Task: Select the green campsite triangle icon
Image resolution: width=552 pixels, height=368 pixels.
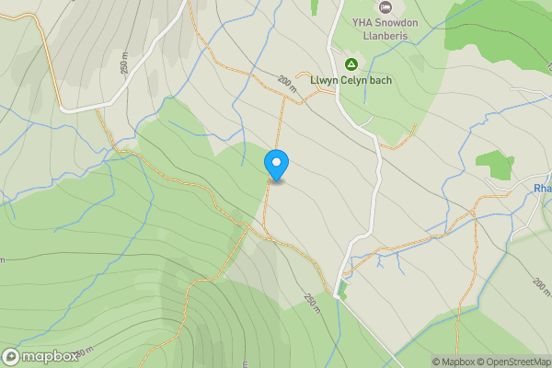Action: [351, 63]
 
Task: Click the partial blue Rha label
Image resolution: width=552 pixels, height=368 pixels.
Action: [542, 189]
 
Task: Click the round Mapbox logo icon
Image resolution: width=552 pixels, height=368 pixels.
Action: [12, 356]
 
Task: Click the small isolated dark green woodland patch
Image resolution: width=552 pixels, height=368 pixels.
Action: [496, 164]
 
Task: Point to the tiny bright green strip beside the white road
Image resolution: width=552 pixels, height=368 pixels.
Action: [343, 290]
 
